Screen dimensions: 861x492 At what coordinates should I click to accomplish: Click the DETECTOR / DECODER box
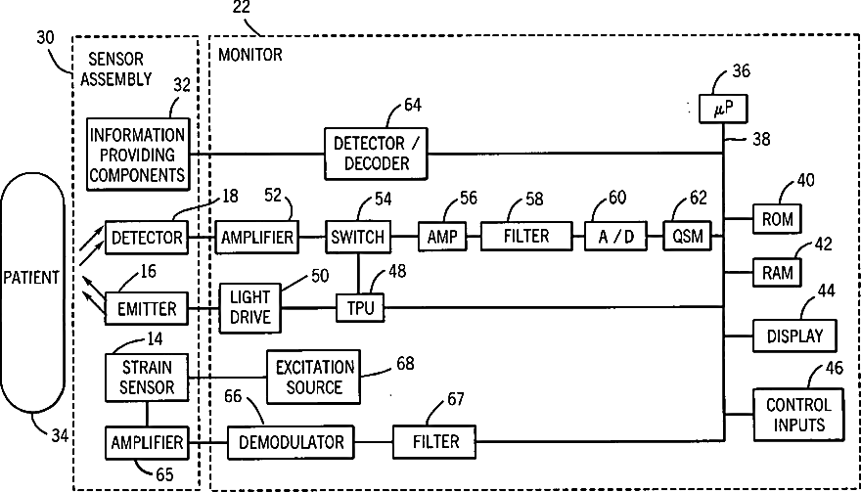click(x=376, y=154)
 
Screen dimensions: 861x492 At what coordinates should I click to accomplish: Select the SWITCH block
click(x=357, y=237)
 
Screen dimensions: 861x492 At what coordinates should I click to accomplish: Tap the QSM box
click(x=688, y=236)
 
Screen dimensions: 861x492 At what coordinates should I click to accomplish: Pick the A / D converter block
click(x=615, y=236)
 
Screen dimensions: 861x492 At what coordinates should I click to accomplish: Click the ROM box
click(x=778, y=218)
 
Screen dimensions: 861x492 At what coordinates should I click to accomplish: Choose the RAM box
click(x=778, y=272)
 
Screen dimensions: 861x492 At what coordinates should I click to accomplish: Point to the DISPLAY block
click(x=795, y=335)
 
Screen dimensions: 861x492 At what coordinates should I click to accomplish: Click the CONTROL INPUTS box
click(x=797, y=414)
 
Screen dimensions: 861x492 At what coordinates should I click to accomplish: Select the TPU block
click(x=361, y=307)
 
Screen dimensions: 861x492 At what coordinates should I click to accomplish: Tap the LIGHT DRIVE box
click(x=249, y=307)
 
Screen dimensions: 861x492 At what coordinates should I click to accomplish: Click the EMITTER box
click(x=147, y=308)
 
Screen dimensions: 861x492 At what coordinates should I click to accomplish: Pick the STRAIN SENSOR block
click(x=147, y=378)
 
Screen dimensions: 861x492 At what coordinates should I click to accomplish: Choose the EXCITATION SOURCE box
click(x=313, y=377)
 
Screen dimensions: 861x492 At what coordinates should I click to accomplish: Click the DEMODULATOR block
click(x=291, y=442)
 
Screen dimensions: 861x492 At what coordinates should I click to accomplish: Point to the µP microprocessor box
click(x=724, y=109)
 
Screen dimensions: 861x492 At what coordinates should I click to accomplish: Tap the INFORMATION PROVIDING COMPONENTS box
click(x=137, y=155)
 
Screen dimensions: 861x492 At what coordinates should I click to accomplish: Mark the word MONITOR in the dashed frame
click(x=250, y=55)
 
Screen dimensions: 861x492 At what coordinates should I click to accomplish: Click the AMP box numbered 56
click(x=443, y=236)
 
